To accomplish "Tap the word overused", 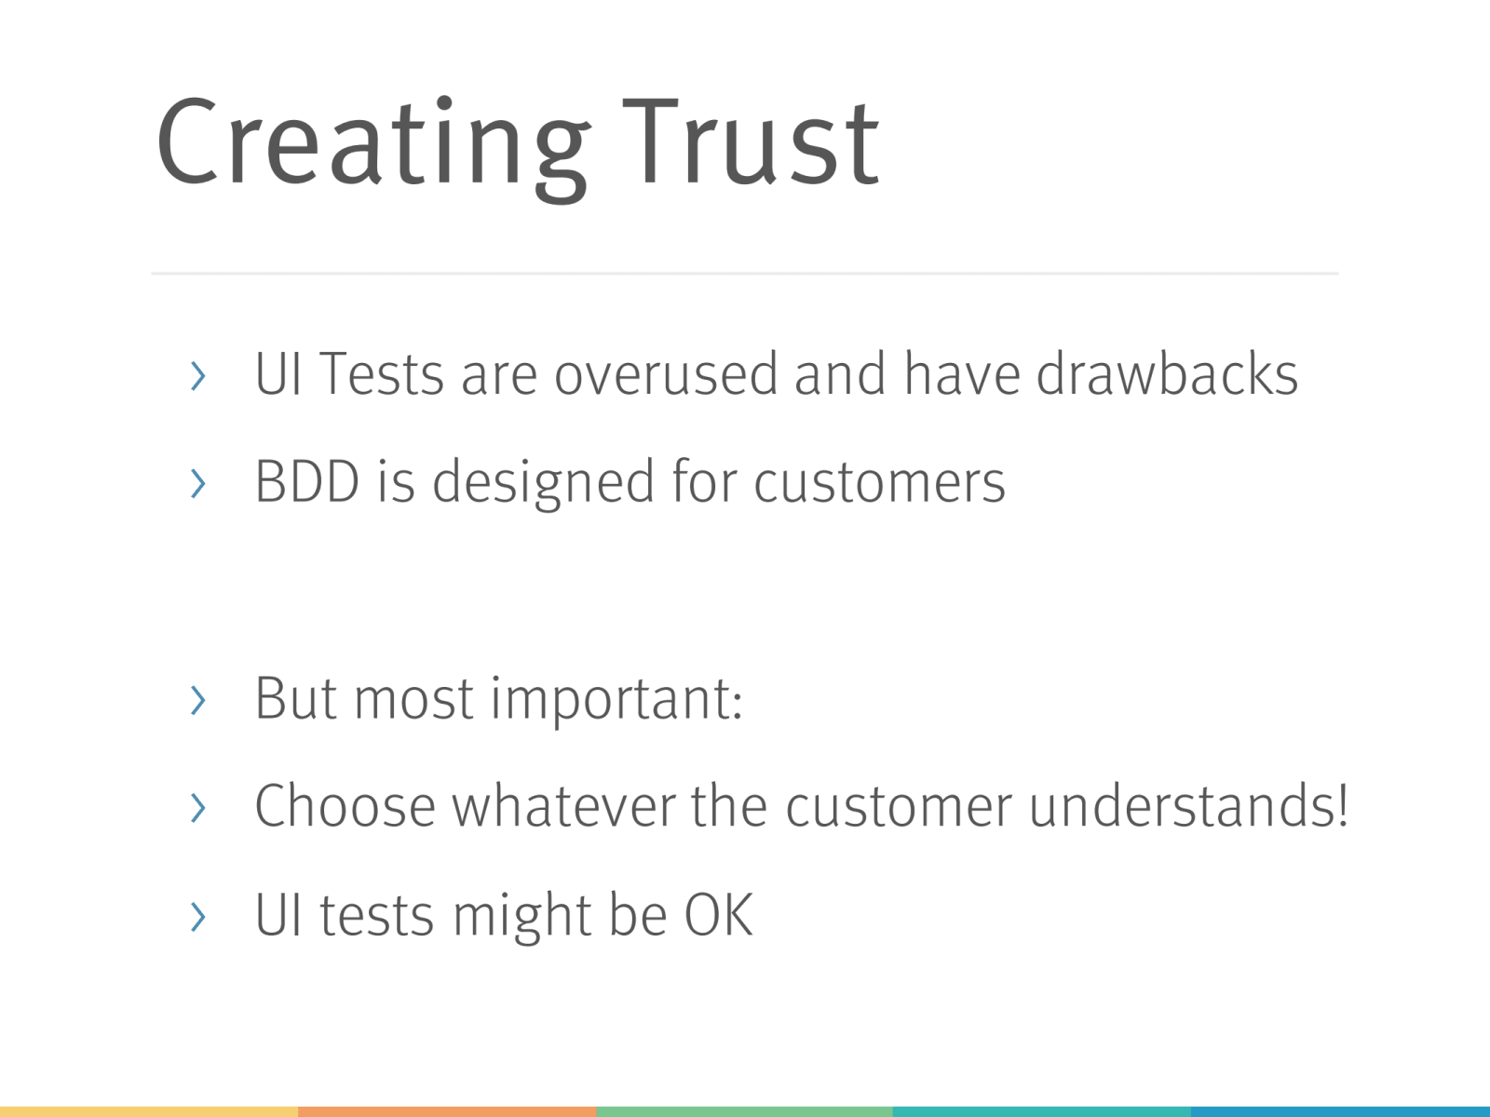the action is (665, 373).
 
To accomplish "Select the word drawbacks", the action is (1167, 373).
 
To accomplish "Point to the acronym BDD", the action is (306, 481).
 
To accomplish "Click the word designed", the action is (543, 483).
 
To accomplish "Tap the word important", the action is (616, 701).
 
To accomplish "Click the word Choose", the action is (345, 805).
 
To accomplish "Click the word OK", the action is (719, 915).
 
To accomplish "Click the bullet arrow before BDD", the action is (197, 483).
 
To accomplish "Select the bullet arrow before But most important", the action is (197, 700).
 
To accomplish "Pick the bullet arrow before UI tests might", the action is (197, 917).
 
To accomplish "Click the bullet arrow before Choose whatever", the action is (197, 808).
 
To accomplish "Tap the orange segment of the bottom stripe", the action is (447, 1112).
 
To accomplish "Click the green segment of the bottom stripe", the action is (745, 1112).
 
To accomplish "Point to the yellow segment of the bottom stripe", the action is (149, 1112).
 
